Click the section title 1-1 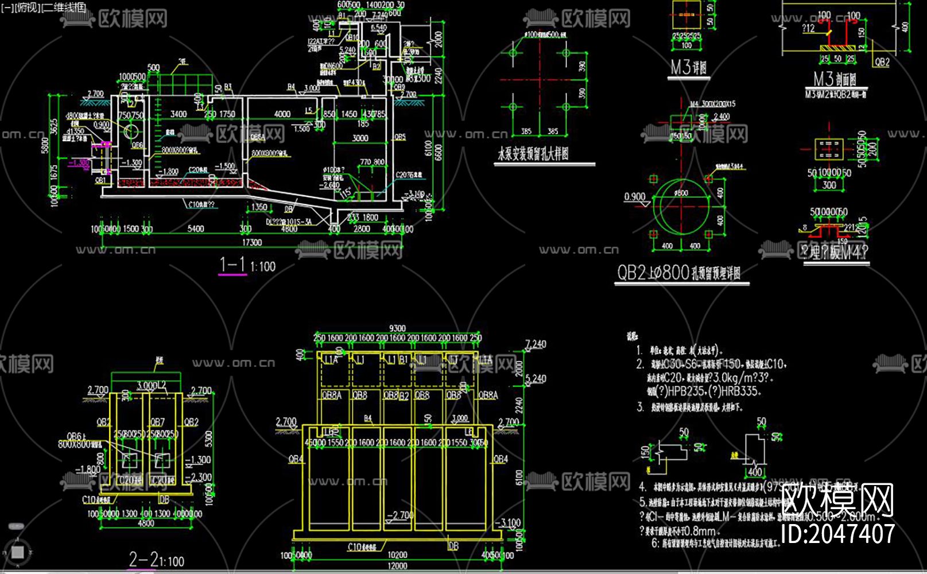tap(232, 265)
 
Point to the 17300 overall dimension tap(251, 243)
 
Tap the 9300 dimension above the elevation tap(397, 328)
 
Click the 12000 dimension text tap(397, 565)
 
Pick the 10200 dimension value tap(397, 554)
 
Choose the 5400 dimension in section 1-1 tap(196, 228)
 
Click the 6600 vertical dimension tap(439, 152)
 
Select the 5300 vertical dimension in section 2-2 tap(208, 439)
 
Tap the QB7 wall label tap(157, 422)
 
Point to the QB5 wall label tap(400, 138)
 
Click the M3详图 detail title tap(689, 68)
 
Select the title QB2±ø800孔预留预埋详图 tap(678, 273)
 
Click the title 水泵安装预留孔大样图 tap(533, 154)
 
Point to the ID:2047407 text tap(838, 534)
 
